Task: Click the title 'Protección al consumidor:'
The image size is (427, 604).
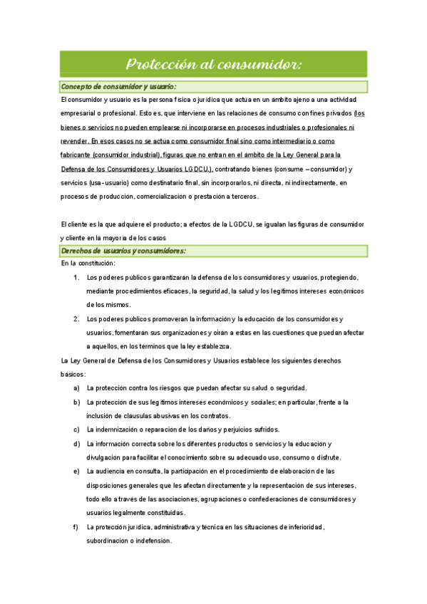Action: (x=213, y=64)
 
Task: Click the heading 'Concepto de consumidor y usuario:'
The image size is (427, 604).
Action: (x=118, y=87)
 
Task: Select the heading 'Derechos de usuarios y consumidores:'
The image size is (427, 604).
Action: (x=123, y=251)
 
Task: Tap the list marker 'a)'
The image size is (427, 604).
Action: (x=76, y=388)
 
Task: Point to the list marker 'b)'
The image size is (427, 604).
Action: (x=76, y=402)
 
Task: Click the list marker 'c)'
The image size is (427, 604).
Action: (x=76, y=429)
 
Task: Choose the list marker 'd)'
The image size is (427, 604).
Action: (x=76, y=444)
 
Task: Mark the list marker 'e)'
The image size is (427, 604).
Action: (x=76, y=472)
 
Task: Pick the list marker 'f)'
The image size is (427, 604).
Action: (x=76, y=527)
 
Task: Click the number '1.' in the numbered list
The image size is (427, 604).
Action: (x=76, y=277)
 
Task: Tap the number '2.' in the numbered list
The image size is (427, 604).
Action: (x=76, y=318)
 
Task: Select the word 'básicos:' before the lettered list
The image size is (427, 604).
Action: (x=73, y=374)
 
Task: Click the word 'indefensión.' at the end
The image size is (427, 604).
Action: (x=150, y=541)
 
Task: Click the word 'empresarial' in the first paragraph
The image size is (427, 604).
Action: (x=80, y=113)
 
